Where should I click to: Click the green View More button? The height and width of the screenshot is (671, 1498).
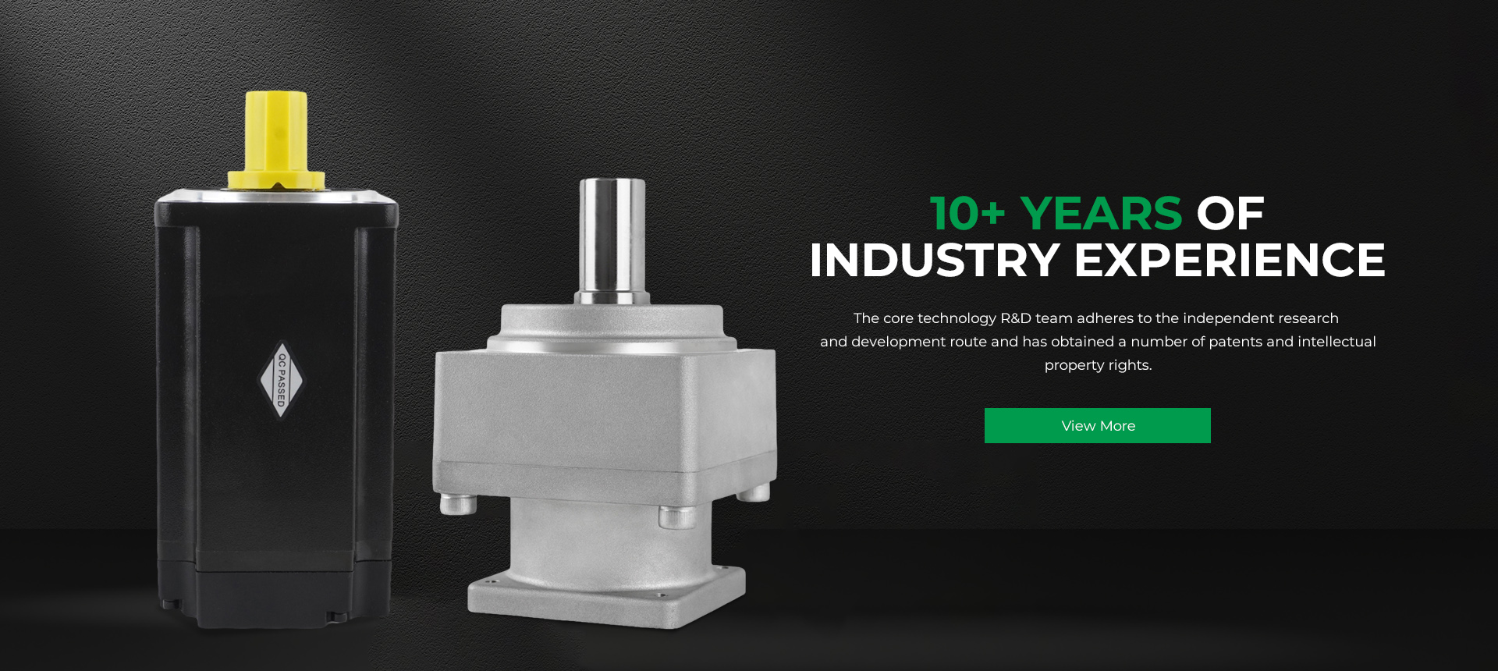(1097, 425)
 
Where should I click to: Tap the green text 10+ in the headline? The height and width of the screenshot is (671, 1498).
(967, 213)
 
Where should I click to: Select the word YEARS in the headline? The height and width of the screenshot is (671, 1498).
(1101, 213)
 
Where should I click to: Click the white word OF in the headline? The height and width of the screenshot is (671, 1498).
(1230, 213)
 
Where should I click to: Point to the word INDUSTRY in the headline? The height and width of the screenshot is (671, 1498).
(934, 260)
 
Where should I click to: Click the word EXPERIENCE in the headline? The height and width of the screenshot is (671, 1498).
(1230, 260)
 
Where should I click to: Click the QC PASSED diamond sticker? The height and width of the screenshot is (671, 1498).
(281, 380)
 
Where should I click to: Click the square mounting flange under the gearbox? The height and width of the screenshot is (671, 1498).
(606, 597)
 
